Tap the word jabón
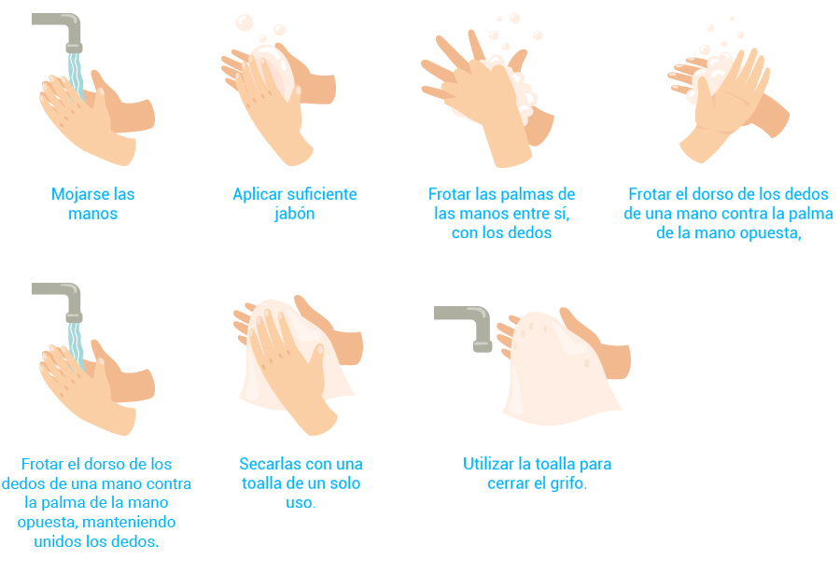coord(294,214)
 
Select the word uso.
coord(301,503)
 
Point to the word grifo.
coord(569,483)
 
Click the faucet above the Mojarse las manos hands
coord(59,30)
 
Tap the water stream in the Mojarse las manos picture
coord(76,75)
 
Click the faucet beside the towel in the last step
coord(465,327)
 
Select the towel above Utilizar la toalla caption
coord(560,370)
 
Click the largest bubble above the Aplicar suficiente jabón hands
coord(245,22)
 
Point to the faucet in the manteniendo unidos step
coord(59,301)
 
